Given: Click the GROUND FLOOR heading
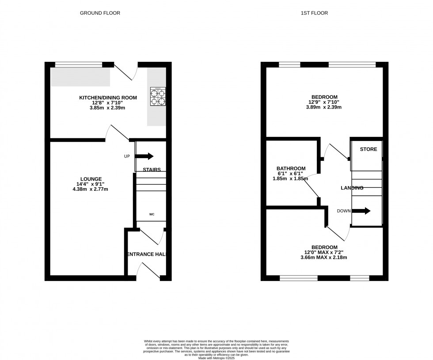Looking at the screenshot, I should point(100,13).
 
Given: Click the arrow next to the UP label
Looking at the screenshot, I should point(144,156).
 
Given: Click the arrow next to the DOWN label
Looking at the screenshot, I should point(361,211).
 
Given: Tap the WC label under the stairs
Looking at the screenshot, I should point(152,215).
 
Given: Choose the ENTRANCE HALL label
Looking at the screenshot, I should point(147,254).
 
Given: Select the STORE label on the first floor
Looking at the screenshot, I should point(368,149).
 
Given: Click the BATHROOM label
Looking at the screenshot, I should point(291,168).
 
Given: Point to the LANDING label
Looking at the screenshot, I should point(352,188).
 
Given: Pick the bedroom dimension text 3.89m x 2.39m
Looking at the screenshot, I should point(324,107).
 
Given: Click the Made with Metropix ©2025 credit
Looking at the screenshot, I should point(216,358).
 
